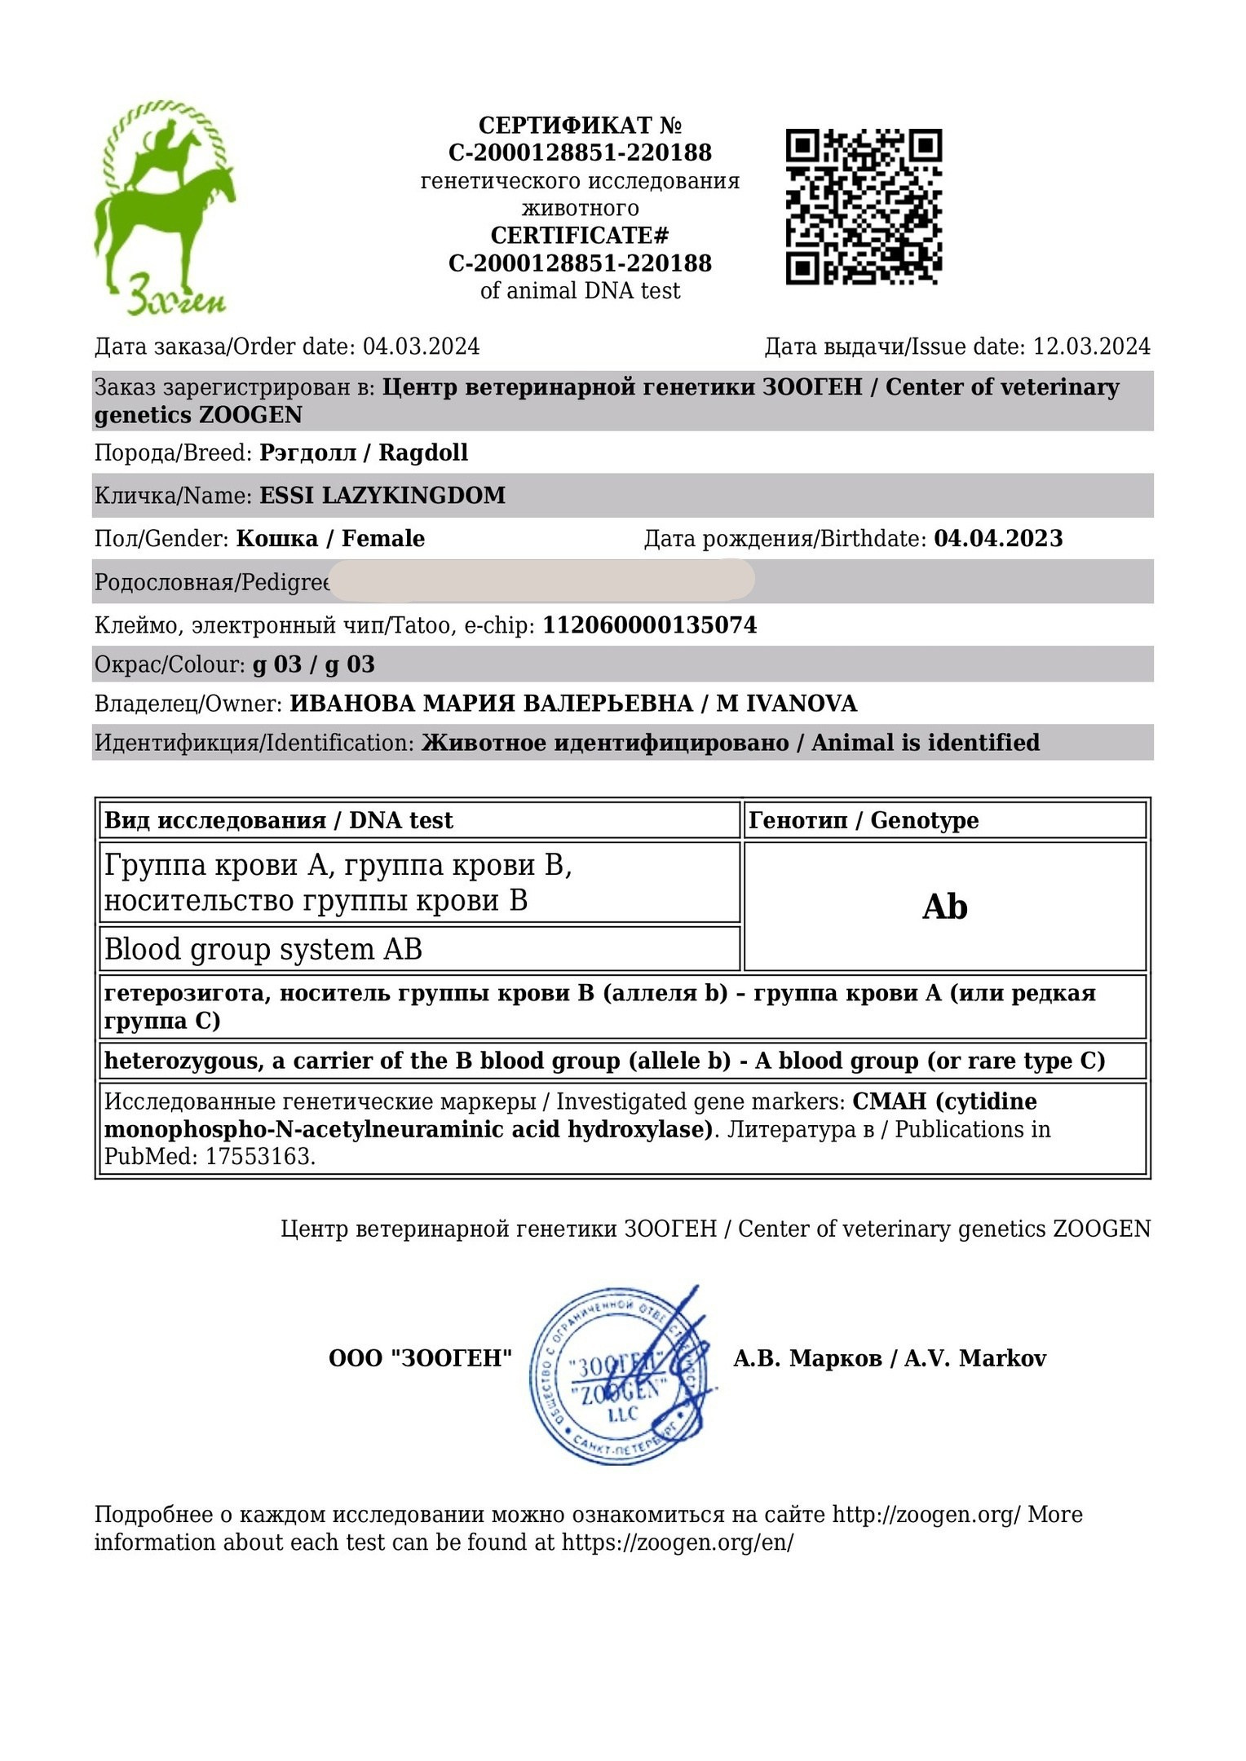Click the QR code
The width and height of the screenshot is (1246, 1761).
(864, 206)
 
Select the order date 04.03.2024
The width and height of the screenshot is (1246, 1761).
(421, 346)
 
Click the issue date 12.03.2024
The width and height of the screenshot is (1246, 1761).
(1091, 346)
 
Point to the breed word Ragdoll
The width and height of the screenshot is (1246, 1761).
(423, 452)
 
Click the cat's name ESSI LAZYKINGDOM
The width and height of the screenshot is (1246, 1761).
(382, 496)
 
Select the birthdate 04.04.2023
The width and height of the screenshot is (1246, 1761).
(998, 539)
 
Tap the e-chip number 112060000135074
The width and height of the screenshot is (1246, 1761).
(650, 625)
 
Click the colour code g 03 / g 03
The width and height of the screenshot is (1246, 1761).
(314, 664)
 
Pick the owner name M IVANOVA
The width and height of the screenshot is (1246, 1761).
(786, 704)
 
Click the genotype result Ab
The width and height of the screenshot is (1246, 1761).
(944, 907)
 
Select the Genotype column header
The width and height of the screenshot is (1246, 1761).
(864, 820)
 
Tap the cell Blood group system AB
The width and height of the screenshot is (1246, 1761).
(263, 950)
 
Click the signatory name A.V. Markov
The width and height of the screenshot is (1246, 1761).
(974, 1358)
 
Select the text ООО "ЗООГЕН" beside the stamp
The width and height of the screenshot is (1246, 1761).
(420, 1358)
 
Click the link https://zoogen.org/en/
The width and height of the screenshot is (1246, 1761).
(677, 1543)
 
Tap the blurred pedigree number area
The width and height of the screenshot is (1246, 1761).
(542, 580)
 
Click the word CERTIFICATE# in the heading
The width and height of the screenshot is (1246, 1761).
(580, 236)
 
